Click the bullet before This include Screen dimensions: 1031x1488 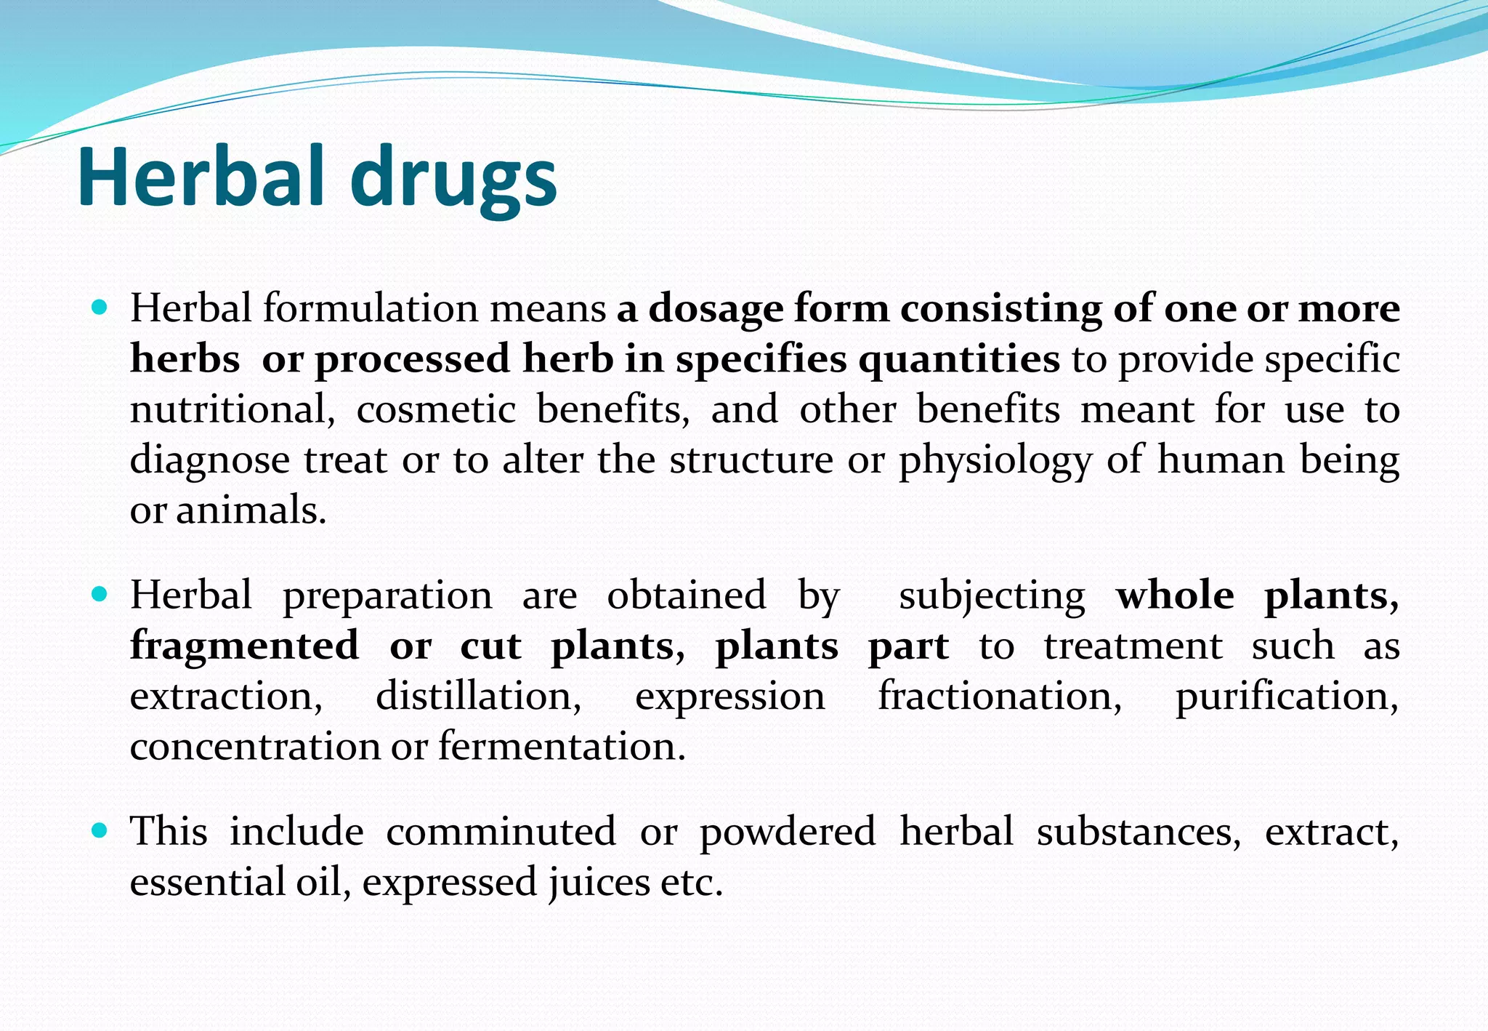pyautogui.click(x=100, y=830)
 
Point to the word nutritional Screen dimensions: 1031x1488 pyautogui.click(x=232, y=409)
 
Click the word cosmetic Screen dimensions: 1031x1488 pyautogui.click(x=436, y=409)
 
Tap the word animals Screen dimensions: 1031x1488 pyautogui.click(x=251, y=510)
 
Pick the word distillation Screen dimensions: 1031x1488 pyautogui.click(x=478, y=696)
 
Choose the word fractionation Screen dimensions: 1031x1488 pyautogui.click(x=1000, y=696)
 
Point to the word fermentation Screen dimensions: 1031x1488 pyautogui.click(x=562, y=747)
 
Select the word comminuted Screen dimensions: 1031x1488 pyautogui.click(x=501, y=831)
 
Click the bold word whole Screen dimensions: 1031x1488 pyautogui.click(x=1175, y=595)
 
